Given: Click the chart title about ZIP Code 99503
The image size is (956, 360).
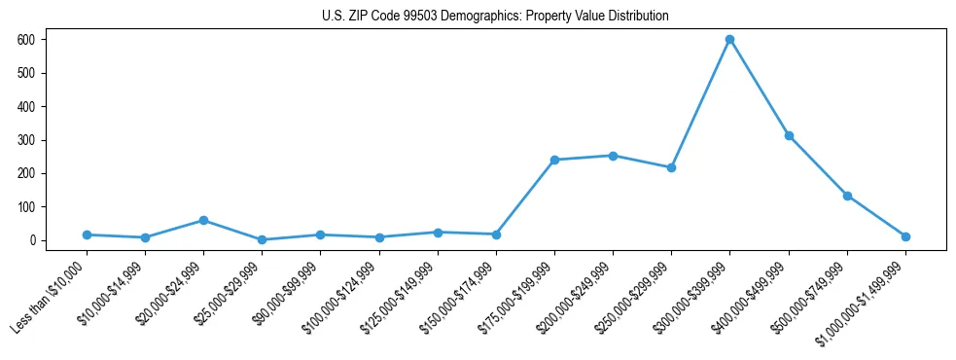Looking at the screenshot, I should pos(495,17).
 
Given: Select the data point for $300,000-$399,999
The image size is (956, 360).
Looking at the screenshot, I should pos(729,39).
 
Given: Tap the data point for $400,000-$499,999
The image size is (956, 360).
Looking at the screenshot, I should pos(789,135).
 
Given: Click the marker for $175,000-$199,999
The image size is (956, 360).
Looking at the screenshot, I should pos(554,160).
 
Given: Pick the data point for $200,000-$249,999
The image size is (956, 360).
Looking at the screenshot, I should pos(613,156).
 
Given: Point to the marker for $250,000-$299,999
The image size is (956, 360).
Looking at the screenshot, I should pos(671,167).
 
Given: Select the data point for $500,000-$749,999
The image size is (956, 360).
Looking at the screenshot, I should pos(847,196).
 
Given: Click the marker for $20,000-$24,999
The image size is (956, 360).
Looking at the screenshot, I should pos(203,220).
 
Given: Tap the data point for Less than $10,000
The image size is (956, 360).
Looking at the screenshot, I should pos(87,234).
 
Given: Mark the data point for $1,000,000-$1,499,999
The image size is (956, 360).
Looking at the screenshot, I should pos(905,236).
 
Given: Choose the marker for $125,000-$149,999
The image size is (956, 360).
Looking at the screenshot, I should pos(438,233).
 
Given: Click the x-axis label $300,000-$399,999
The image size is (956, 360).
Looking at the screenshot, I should pos(693,296).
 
